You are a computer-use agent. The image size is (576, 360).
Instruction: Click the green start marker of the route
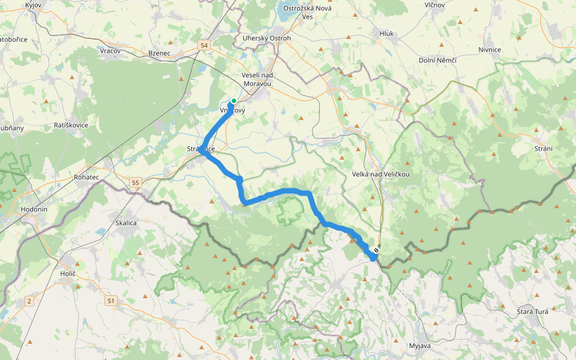233,101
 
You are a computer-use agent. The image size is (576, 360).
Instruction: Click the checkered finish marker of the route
376,250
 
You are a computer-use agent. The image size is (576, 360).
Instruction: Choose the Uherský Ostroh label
266,38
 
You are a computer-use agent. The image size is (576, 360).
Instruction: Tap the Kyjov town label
33,5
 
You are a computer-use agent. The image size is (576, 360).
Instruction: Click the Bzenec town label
160,53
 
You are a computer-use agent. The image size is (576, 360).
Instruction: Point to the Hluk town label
386,34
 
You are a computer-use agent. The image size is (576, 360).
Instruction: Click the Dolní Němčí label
438,60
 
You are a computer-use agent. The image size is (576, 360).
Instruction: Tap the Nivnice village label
490,49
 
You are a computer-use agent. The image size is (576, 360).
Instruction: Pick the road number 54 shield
205,45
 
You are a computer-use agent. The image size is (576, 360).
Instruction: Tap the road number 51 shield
111,300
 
